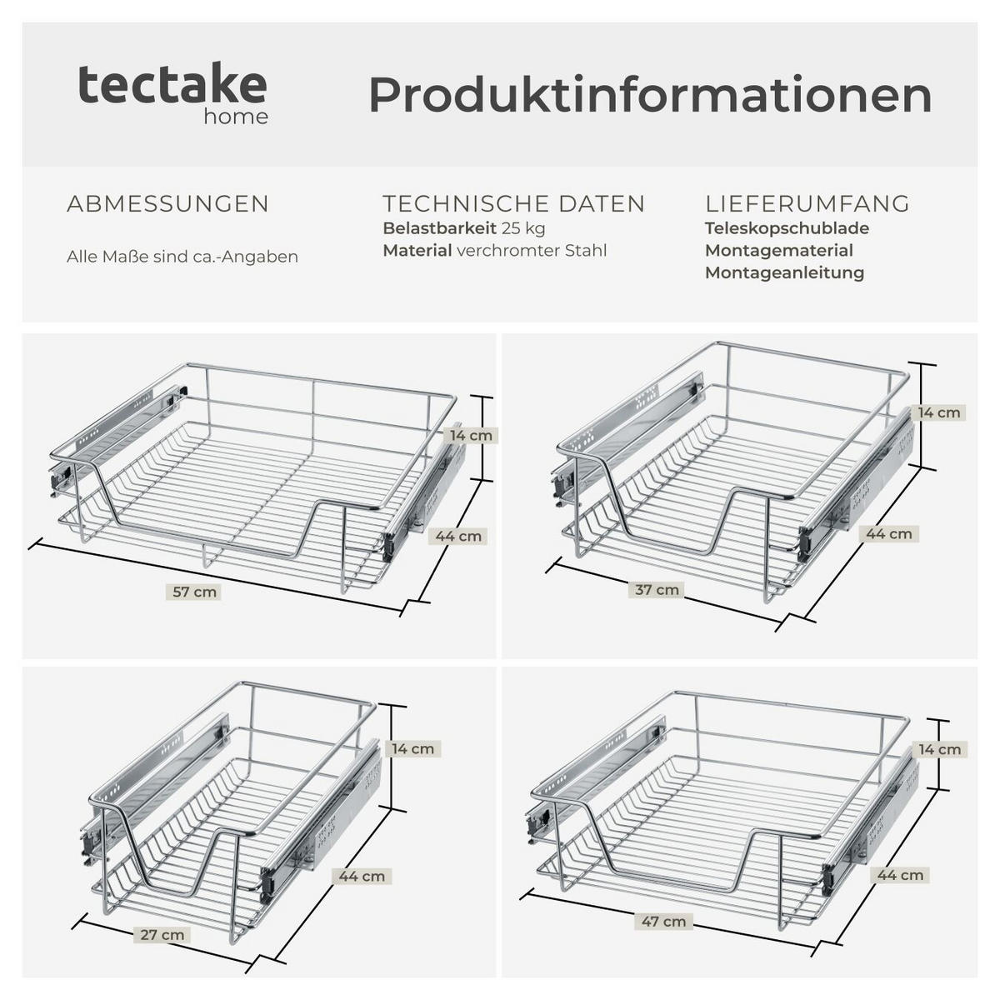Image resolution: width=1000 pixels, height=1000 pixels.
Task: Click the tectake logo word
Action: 172,84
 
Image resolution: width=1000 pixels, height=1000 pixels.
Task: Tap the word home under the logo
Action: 236,117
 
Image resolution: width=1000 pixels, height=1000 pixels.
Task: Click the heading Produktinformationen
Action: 650,94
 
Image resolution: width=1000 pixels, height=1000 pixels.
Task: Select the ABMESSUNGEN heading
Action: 167,204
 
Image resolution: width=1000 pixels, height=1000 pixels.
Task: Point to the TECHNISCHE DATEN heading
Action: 514,203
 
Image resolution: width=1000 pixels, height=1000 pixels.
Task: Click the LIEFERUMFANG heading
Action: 807,203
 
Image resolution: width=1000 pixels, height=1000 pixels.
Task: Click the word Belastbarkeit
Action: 440,228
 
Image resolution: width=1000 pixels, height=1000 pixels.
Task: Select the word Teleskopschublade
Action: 787,228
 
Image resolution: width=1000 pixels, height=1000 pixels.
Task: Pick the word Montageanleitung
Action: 784,273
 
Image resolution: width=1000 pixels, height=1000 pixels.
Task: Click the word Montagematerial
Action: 779,251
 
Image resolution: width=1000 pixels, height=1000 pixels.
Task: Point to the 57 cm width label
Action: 194,592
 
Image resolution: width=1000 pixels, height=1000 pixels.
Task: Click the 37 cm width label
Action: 657,589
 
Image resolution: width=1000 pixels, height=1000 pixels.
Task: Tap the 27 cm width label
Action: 162,935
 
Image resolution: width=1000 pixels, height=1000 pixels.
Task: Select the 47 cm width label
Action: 663,922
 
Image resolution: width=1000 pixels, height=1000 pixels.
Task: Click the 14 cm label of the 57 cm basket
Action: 471,435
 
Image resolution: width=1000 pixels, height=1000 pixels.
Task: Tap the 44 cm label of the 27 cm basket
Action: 362,877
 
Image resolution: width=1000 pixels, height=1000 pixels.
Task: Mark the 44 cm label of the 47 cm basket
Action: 900,875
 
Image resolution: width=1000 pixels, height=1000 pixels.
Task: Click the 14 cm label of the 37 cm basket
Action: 939,412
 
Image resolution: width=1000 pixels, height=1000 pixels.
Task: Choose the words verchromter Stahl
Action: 532,251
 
